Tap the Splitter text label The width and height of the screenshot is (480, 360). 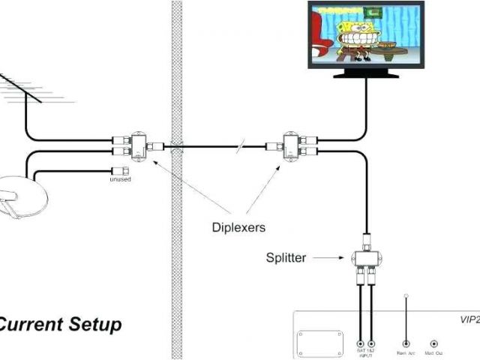[x=286, y=257]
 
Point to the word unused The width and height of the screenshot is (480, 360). [x=119, y=179]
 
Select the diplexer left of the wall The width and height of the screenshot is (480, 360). [x=137, y=145]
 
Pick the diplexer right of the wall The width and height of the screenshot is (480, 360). [x=290, y=145]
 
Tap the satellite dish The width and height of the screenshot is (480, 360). [x=22, y=196]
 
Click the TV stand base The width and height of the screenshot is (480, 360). [x=367, y=73]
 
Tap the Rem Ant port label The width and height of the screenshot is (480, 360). [x=406, y=351]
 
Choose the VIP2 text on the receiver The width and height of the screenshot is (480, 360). [x=469, y=318]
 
